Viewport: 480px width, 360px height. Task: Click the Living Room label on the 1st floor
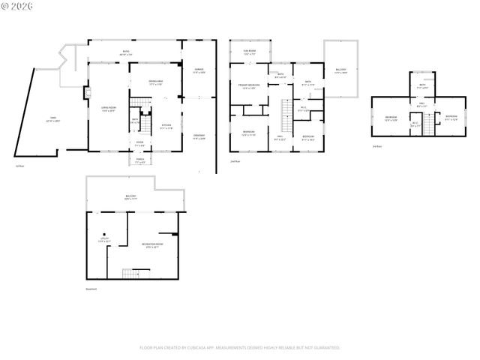click(x=109, y=109)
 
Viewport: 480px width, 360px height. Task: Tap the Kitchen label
click(x=167, y=127)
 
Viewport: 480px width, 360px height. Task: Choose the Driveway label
click(x=198, y=136)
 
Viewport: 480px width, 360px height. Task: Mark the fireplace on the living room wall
click(x=87, y=94)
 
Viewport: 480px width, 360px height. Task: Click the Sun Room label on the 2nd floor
click(x=250, y=52)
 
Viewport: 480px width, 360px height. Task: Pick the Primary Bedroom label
click(x=249, y=86)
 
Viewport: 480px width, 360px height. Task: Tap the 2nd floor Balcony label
click(x=340, y=71)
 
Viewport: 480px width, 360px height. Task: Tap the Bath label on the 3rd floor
click(x=422, y=85)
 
